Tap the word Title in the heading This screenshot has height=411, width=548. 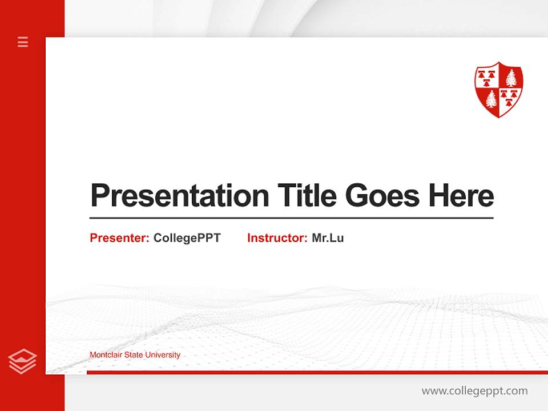click(x=307, y=196)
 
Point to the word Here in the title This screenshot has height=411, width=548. click(x=461, y=196)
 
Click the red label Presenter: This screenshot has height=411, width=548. click(x=119, y=238)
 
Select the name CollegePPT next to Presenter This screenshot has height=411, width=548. click(x=187, y=238)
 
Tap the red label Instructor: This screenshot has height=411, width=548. click(x=277, y=238)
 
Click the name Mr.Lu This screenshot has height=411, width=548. click(x=328, y=238)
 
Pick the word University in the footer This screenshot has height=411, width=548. click(x=163, y=355)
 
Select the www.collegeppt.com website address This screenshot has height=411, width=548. click(x=474, y=391)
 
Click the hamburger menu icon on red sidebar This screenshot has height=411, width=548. click(x=23, y=42)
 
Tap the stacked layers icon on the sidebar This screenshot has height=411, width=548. click(x=22, y=361)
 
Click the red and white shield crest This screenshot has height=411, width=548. click(x=499, y=89)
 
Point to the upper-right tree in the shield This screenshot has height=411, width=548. click(x=511, y=77)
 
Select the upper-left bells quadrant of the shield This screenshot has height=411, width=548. click(x=487, y=78)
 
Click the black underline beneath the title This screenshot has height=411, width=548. click(x=291, y=217)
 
